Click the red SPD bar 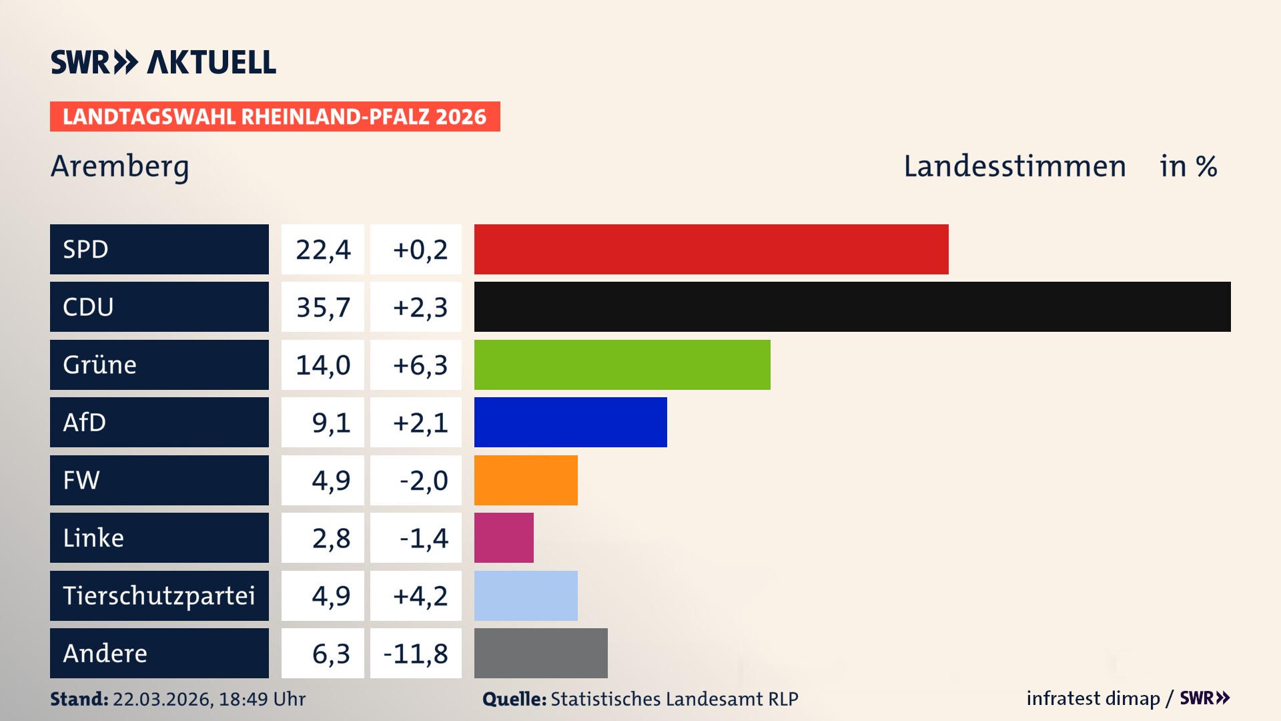pyautogui.click(x=711, y=249)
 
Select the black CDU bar pyautogui.click(x=852, y=307)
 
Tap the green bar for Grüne pyautogui.click(x=622, y=365)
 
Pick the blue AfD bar pyautogui.click(x=570, y=422)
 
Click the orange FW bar pyautogui.click(x=526, y=480)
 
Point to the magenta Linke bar pyautogui.click(x=504, y=537)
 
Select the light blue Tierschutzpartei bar pyautogui.click(x=526, y=595)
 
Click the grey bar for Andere pyautogui.click(x=540, y=653)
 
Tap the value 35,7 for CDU pyautogui.click(x=323, y=307)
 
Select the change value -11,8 pyautogui.click(x=416, y=653)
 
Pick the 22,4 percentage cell pyautogui.click(x=323, y=249)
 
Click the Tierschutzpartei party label pyautogui.click(x=159, y=595)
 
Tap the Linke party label pyautogui.click(x=93, y=537)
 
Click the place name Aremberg pyautogui.click(x=120, y=166)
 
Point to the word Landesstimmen pyautogui.click(x=1014, y=166)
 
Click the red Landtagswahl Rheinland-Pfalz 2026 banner pyautogui.click(x=275, y=116)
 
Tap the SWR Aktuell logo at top pyautogui.click(x=163, y=62)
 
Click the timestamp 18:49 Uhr pyautogui.click(x=262, y=699)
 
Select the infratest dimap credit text pyautogui.click(x=1093, y=698)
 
